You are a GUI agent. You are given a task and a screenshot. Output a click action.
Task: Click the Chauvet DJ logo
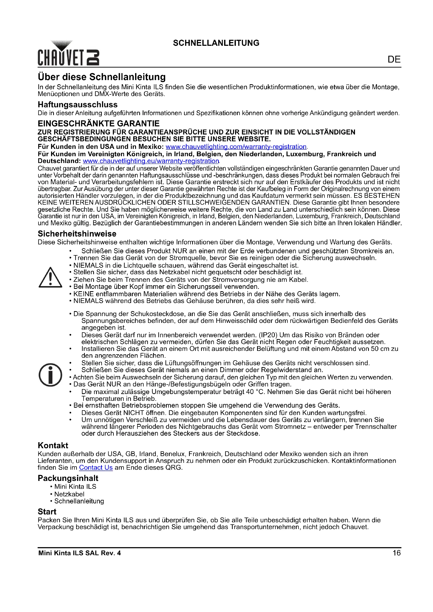[68, 54]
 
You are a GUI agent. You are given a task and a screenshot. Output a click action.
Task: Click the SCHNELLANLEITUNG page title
[216, 43]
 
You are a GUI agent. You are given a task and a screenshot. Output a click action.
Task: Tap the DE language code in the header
[394, 59]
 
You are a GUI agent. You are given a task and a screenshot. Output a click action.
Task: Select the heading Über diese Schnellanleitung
[102, 77]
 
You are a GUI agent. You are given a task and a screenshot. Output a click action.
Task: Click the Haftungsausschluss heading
[77, 104]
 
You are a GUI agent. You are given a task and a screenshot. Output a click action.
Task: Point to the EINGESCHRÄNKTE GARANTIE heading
[99, 123]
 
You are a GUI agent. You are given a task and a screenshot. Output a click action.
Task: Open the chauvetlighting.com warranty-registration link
[236, 147]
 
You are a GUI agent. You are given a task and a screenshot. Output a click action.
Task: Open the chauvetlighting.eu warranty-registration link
[151, 161]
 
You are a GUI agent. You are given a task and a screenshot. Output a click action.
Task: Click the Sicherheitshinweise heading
[77, 234]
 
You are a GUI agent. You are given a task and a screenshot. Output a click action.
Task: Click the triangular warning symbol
[50, 278]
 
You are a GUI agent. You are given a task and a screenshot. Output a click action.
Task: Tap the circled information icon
[50, 375]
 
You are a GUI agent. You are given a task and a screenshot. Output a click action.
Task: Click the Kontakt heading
[53, 445]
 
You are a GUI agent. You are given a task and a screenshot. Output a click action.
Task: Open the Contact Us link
[96, 468]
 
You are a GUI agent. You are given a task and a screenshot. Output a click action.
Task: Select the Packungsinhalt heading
[68, 478]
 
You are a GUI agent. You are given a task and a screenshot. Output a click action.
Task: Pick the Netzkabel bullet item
[69, 494]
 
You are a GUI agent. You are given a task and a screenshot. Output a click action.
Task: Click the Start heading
[47, 512]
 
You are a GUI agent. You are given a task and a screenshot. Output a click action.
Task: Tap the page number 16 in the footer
[396, 553]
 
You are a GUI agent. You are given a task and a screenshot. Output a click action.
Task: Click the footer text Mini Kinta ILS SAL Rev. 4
[80, 553]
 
